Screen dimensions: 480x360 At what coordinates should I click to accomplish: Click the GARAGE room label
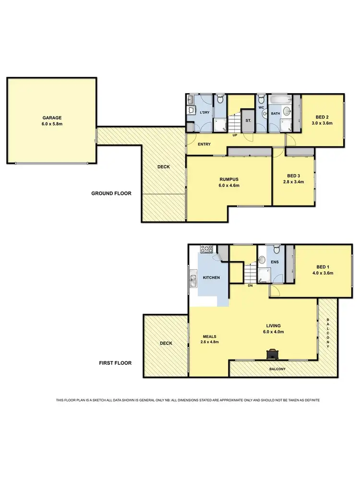point(51,117)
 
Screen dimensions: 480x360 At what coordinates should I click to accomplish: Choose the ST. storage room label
point(249,121)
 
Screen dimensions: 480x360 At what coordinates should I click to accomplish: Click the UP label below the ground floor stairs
point(235,135)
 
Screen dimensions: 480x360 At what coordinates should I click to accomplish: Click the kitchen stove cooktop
point(206,249)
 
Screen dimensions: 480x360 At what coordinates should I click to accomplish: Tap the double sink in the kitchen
point(193,279)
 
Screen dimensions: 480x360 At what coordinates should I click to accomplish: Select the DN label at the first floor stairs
point(250,286)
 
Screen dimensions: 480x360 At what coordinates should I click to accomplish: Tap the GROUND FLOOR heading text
point(111,193)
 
